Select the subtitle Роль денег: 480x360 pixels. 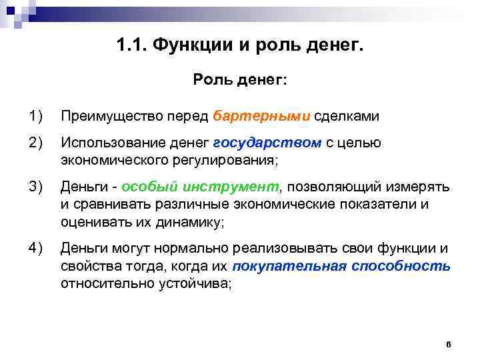[240, 80]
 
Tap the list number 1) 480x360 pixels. [35, 116]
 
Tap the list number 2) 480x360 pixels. [35, 142]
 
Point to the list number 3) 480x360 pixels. [35, 186]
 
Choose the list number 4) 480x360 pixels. [35, 248]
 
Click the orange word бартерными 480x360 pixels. [262, 116]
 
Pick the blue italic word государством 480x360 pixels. [267, 142]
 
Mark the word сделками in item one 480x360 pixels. [347, 116]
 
